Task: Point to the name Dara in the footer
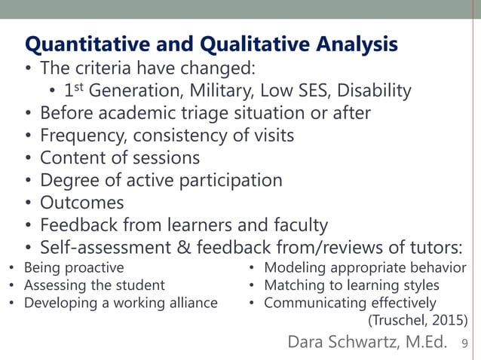[308, 343]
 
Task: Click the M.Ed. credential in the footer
[426, 343]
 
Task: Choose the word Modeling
[291, 267]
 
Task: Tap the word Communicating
[314, 304]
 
